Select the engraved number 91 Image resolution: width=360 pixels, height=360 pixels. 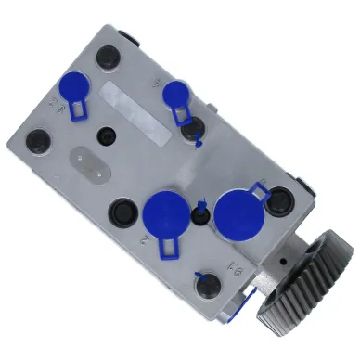click(x=211, y=270)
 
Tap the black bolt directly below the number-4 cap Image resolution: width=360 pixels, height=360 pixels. click(x=192, y=134)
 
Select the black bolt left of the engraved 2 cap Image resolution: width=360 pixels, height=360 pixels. click(x=122, y=212)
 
